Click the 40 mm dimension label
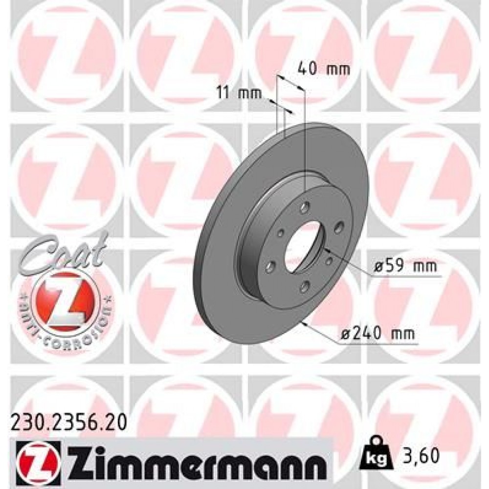click(x=324, y=69)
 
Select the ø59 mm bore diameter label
click(x=404, y=267)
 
